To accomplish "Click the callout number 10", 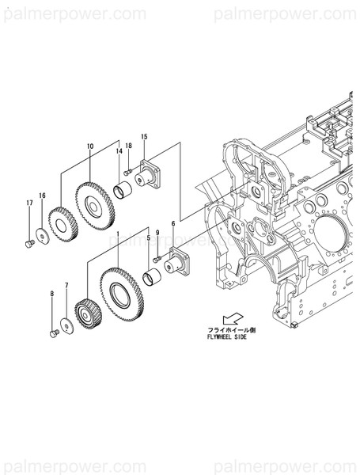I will click(90, 146).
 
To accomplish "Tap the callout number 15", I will click(144, 137).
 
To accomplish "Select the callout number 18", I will click(128, 146).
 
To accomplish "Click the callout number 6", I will click(172, 224).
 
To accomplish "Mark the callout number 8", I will click(53, 294).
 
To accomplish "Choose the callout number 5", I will click(148, 237).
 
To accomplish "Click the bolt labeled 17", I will click(29, 244).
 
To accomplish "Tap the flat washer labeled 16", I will click(40, 234).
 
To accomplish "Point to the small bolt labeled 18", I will click(127, 171).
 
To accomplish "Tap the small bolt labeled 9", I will click(157, 259).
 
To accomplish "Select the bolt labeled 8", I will click(54, 333).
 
